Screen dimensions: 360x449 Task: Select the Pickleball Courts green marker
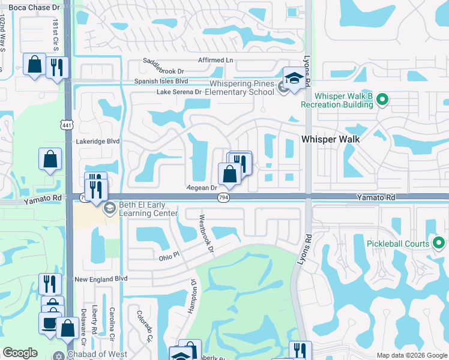439,244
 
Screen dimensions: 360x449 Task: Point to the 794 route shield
223,199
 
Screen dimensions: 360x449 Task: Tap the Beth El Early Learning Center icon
109,209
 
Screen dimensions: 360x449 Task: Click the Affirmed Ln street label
215,61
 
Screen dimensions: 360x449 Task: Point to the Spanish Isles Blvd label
161,81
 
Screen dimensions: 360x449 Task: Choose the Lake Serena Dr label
179,92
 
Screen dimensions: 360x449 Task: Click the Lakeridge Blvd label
98,142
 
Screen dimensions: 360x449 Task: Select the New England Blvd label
101,279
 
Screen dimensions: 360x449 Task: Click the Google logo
20,353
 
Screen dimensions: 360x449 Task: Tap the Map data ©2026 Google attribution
411,355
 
